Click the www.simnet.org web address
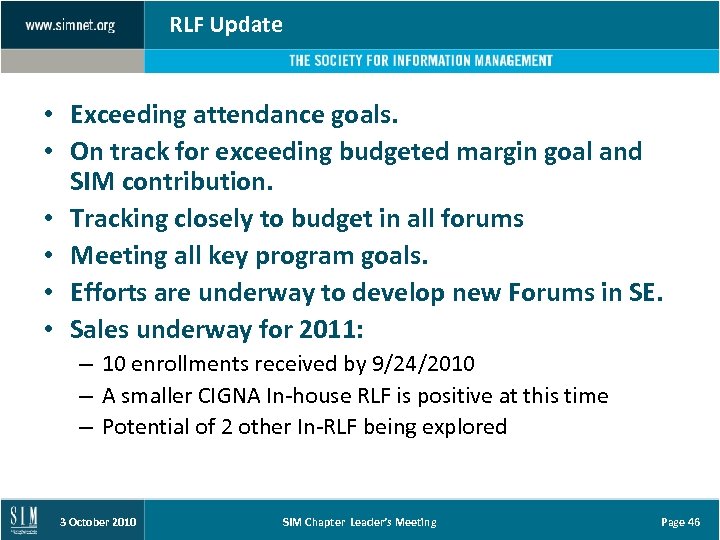pos(70,25)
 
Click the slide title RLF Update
pos(226,25)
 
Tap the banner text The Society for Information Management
pos(420,61)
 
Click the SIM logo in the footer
pos(24,520)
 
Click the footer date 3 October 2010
pos(98,522)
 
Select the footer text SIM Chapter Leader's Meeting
pos(359,522)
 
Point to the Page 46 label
pos(681,522)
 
